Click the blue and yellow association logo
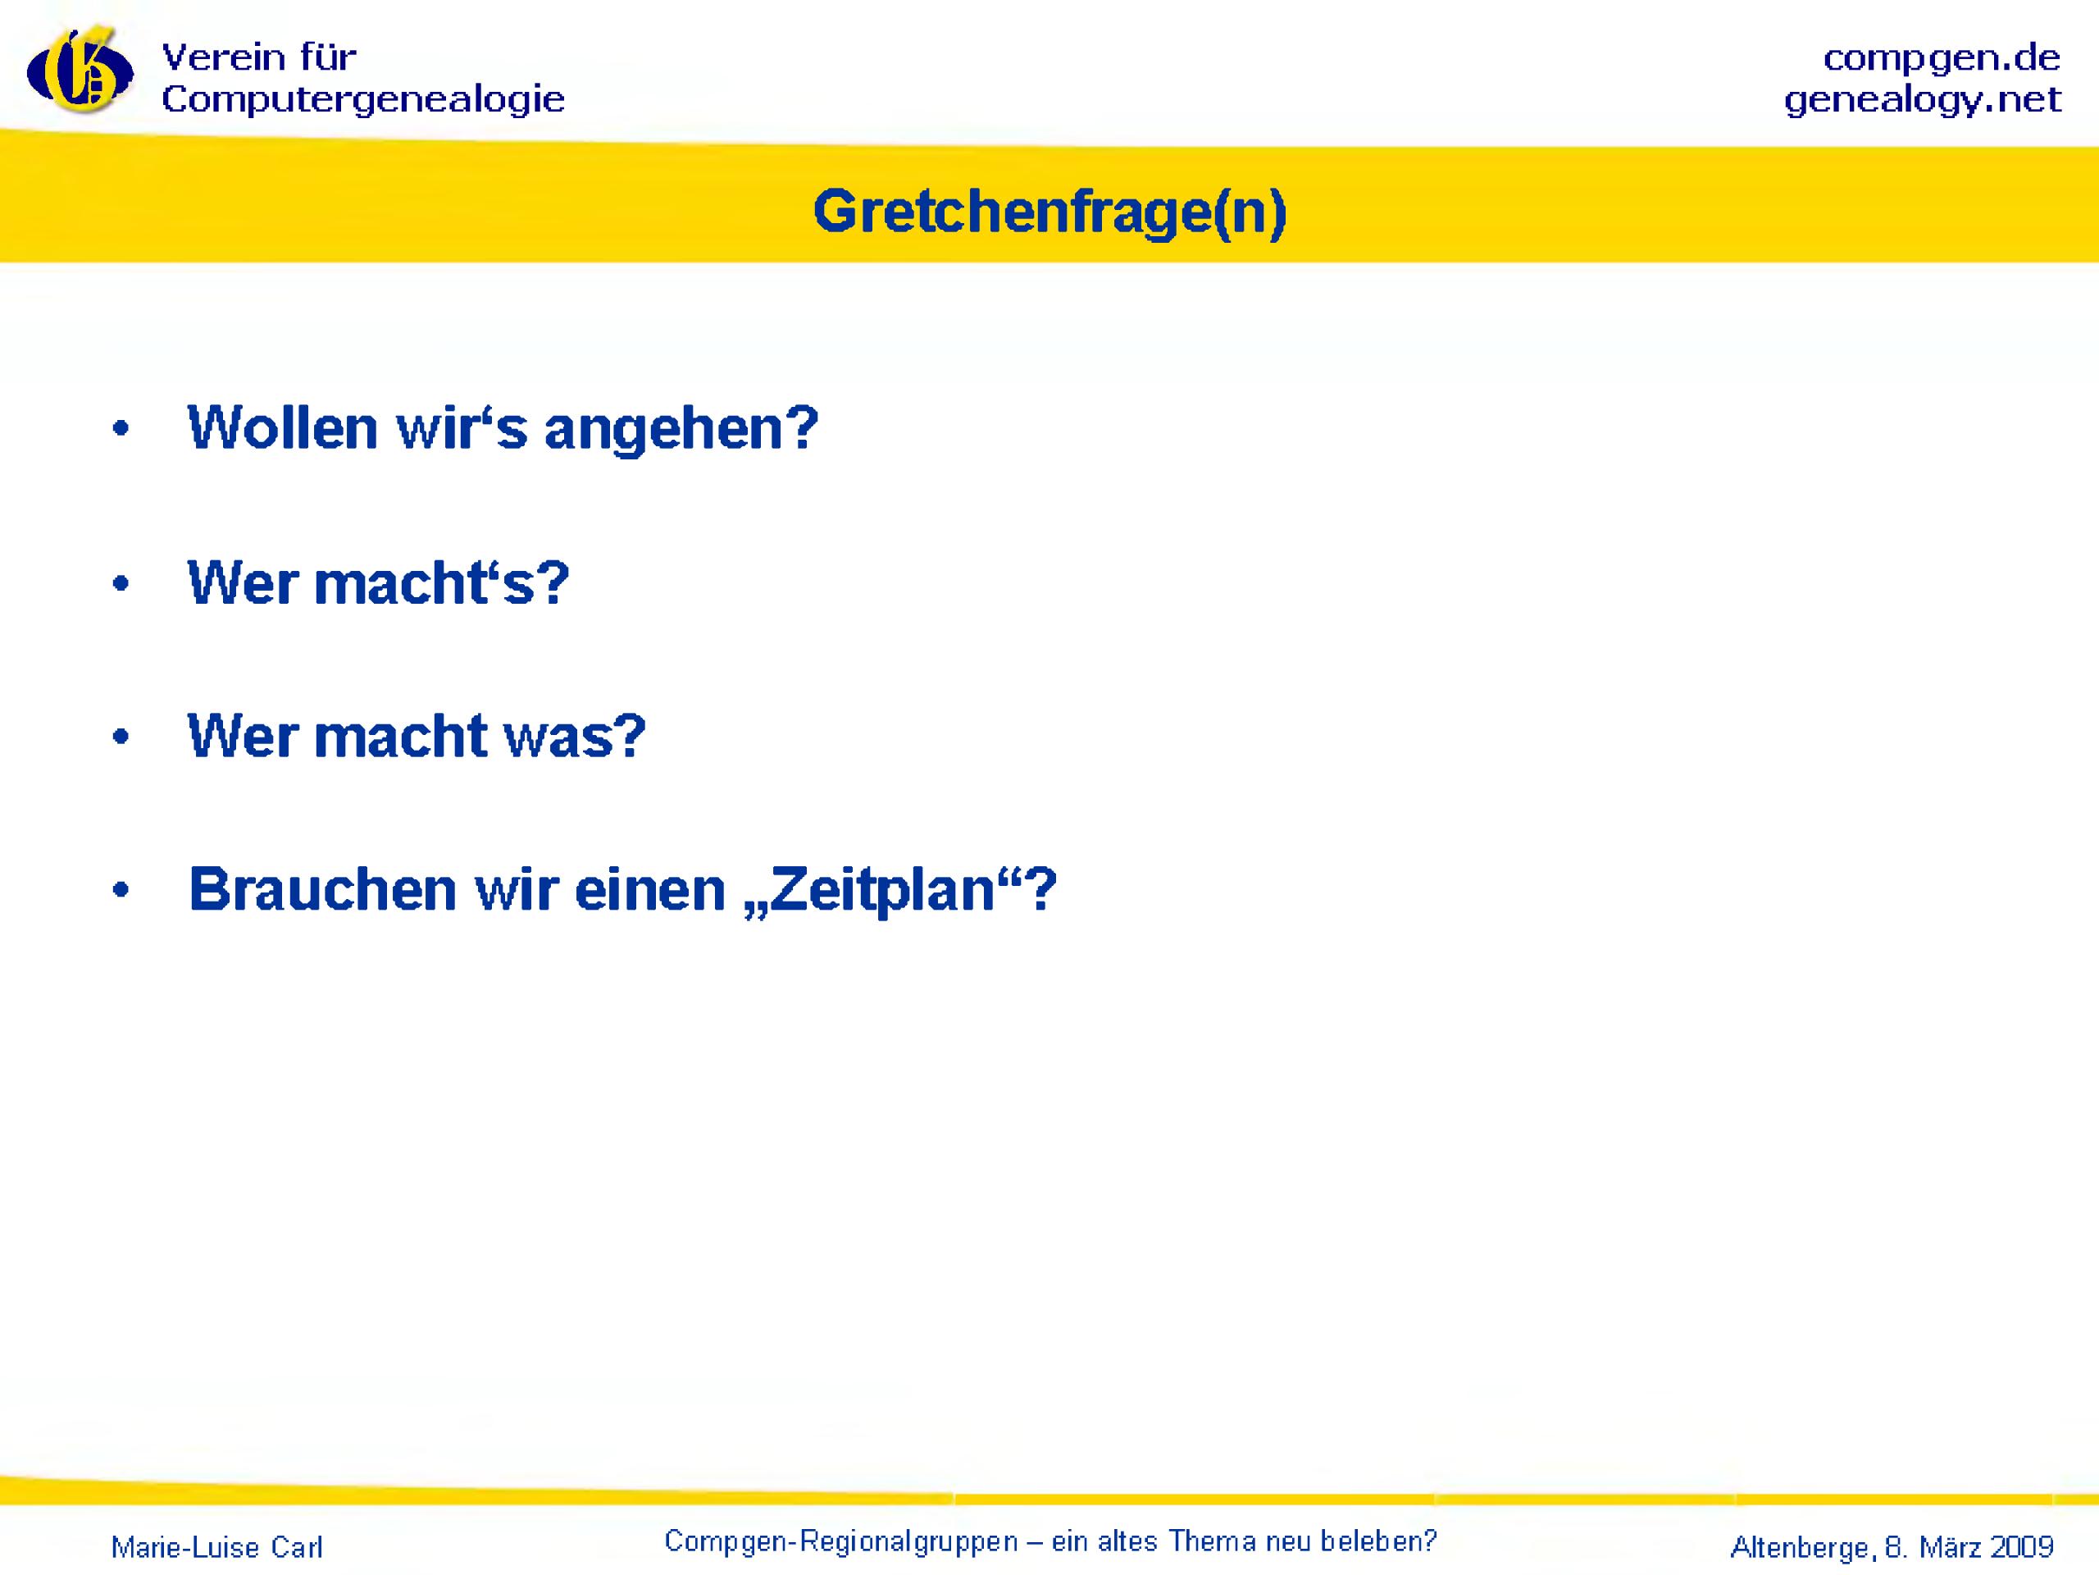click(80, 71)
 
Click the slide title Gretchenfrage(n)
click(1049, 212)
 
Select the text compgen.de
click(1942, 59)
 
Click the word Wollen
click(283, 427)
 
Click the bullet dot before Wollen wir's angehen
click(120, 430)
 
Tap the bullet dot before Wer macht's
click(120, 584)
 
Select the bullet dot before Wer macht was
click(120, 737)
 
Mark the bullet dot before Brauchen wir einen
click(120, 892)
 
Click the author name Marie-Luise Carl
click(217, 1547)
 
